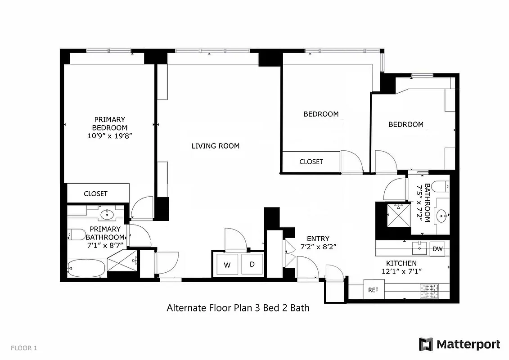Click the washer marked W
click(x=227, y=265)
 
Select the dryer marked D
click(x=252, y=265)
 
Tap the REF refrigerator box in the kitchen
click(x=373, y=290)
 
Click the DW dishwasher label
click(x=437, y=249)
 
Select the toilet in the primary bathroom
click(x=77, y=234)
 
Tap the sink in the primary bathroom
click(x=107, y=214)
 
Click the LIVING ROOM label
click(x=215, y=146)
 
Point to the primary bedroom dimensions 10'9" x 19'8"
click(x=110, y=135)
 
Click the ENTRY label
click(x=318, y=238)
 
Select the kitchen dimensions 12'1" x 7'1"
click(x=401, y=271)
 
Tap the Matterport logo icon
click(x=426, y=344)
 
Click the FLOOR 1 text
click(x=24, y=347)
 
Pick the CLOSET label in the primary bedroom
click(x=96, y=193)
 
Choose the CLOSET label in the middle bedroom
click(x=311, y=162)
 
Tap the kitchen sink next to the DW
click(x=420, y=247)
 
